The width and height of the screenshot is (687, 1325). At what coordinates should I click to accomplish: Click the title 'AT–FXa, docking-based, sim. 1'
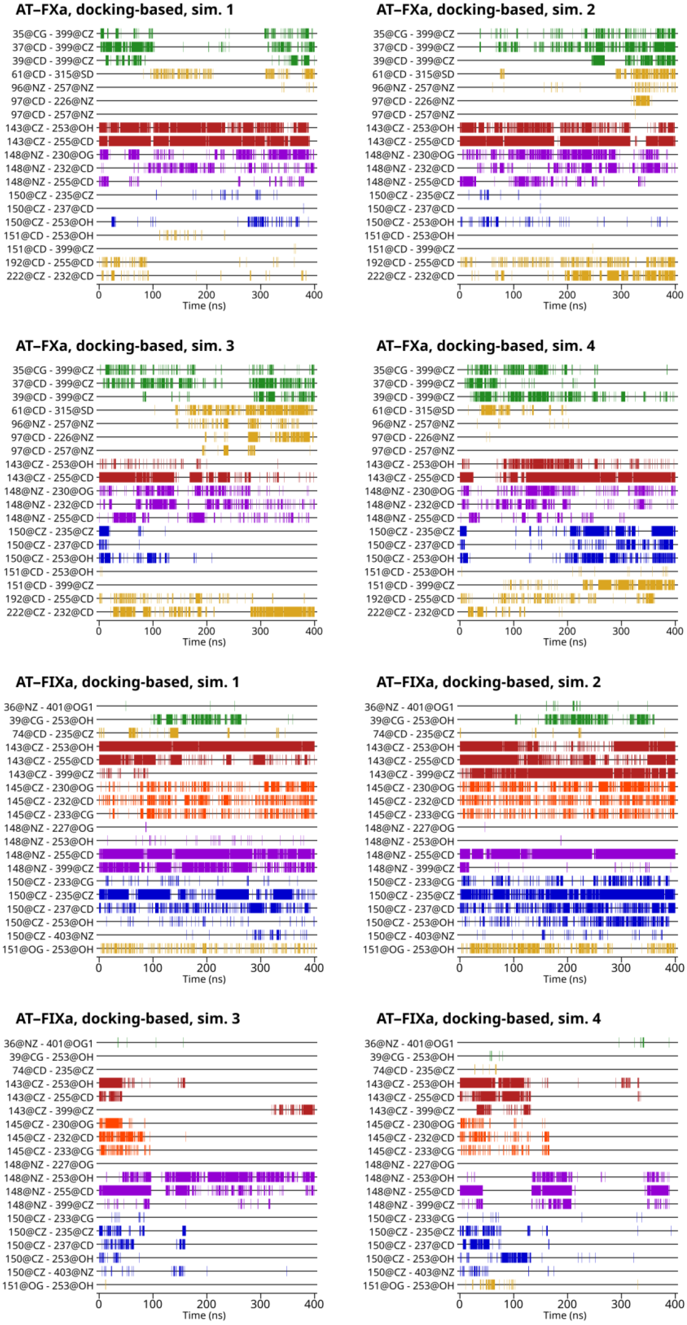point(124,10)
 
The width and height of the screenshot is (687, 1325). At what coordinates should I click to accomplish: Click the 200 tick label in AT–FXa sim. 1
point(206,295)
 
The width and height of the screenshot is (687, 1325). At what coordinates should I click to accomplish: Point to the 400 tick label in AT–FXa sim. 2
point(675,295)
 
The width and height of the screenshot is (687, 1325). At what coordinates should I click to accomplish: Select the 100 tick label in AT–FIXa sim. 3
point(152,1304)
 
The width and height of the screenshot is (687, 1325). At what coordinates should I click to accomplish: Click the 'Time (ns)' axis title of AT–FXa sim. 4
point(564,642)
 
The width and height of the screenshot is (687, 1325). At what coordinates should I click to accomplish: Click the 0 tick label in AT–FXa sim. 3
point(99,631)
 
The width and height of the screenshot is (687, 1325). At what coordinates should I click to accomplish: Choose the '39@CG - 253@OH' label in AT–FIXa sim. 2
point(412,720)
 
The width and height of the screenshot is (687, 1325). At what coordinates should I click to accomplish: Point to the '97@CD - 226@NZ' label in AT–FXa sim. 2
point(413,101)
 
